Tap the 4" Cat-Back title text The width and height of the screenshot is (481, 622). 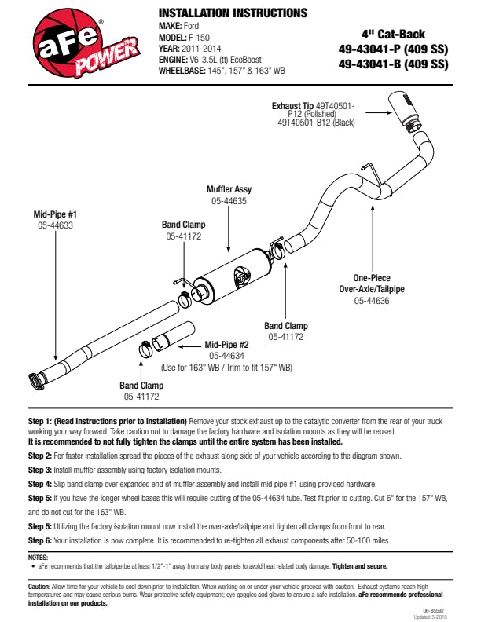tap(393, 35)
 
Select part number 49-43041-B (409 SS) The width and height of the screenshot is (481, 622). tap(393, 64)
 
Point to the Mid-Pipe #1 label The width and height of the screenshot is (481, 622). tap(55, 213)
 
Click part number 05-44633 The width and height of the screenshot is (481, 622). tap(55, 225)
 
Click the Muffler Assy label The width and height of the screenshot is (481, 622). tap(229, 189)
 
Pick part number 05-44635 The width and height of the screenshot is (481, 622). tap(229, 201)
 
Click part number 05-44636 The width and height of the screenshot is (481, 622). tap(369, 300)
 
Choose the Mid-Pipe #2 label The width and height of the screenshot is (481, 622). tap(226, 344)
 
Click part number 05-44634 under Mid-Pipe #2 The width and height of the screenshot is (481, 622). tap(226, 355)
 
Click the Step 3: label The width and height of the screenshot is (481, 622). tap(40, 468)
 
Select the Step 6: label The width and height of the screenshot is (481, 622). tap(40, 541)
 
